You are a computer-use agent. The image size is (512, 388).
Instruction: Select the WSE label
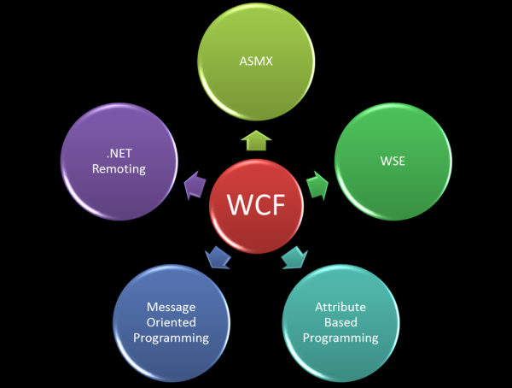[x=393, y=161]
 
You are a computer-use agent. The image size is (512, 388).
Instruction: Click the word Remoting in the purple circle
[x=115, y=169]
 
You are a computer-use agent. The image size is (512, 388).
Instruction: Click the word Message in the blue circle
[x=171, y=307]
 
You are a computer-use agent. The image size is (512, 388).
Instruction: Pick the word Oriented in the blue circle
[x=171, y=322]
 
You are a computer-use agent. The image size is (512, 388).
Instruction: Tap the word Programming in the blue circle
[x=171, y=338]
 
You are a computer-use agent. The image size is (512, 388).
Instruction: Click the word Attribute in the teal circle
[x=340, y=307]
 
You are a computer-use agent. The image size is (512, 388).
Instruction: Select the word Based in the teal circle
[x=340, y=322]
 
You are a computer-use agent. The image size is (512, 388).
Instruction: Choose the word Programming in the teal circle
[x=340, y=338]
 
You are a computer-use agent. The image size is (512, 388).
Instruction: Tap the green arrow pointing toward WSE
[x=317, y=182]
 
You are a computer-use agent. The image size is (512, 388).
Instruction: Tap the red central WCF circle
[x=257, y=205]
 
